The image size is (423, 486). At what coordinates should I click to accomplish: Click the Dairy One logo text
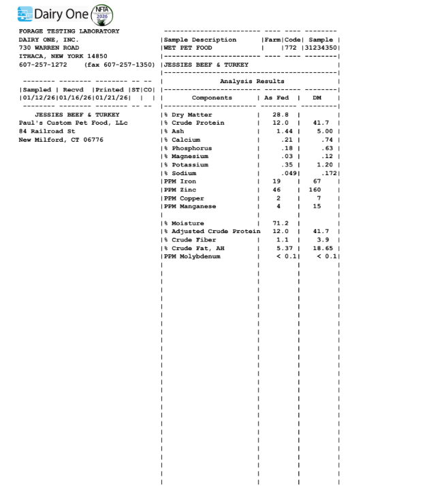point(59,13)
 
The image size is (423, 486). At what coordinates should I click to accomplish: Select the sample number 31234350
point(322,48)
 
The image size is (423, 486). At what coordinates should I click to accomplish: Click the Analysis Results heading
point(252,81)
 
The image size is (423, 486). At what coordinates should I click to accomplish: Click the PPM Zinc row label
point(180,189)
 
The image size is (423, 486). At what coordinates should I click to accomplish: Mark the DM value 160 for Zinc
point(315,189)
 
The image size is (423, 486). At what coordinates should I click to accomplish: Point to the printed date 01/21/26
point(110,98)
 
